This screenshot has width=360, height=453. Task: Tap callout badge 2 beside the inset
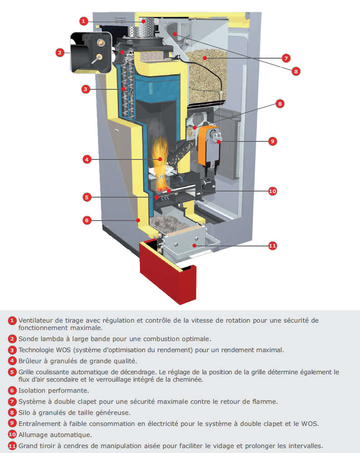(60, 53)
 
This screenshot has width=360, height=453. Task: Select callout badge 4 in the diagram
(87, 159)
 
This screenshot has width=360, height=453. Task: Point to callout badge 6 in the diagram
(87, 221)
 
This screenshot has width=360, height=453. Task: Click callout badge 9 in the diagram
(272, 141)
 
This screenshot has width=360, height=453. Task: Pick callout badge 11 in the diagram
(272, 246)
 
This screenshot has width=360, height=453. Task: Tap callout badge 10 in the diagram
(272, 191)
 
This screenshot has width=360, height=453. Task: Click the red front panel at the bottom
(168, 272)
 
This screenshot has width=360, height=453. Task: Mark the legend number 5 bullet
(13, 372)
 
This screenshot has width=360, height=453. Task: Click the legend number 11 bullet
(13, 446)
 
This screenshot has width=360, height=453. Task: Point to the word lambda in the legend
(51, 338)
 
